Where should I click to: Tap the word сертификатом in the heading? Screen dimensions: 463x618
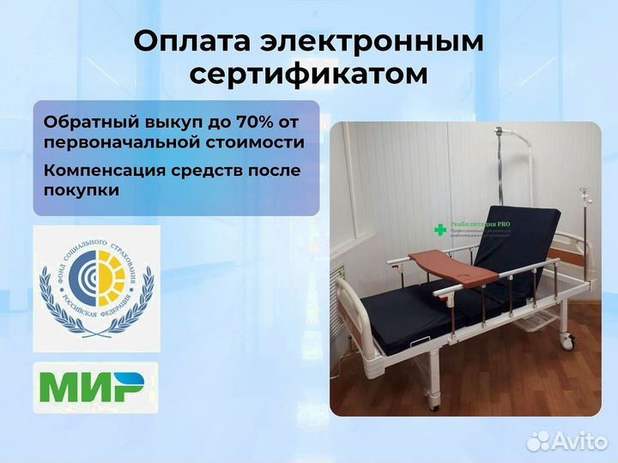(308, 75)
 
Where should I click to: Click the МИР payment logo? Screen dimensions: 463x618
(95, 388)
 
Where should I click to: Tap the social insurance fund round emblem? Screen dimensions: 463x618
(96, 286)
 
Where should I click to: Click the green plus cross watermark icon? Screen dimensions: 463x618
(440, 230)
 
